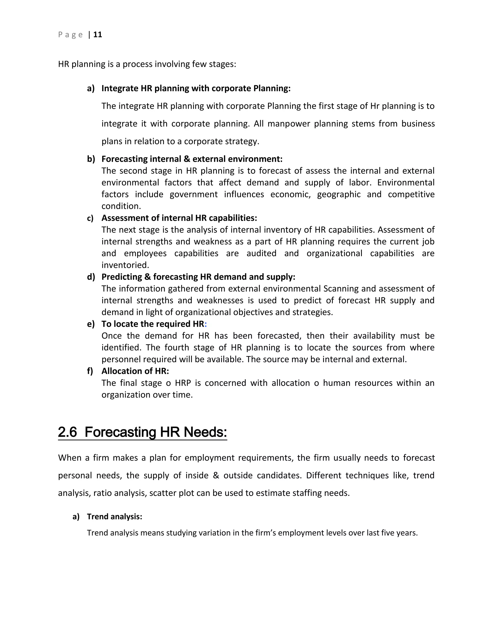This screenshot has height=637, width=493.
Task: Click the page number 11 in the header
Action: tap(97, 35)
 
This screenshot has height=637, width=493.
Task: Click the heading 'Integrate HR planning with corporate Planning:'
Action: tap(196, 88)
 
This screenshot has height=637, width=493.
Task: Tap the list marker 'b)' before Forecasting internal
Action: tap(91, 159)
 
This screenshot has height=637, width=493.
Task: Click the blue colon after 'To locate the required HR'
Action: tap(206, 324)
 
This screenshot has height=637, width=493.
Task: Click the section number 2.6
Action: tap(67, 432)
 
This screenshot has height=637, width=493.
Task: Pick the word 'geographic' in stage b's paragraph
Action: tap(339, 194)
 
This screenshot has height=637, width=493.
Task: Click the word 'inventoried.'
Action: tap(125, 265)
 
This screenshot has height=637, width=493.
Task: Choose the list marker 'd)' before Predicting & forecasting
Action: tap(91, 277)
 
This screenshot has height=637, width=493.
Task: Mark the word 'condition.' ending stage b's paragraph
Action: tap(121, 206)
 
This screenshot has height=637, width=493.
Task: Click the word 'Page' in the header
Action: tap(70, 35)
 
